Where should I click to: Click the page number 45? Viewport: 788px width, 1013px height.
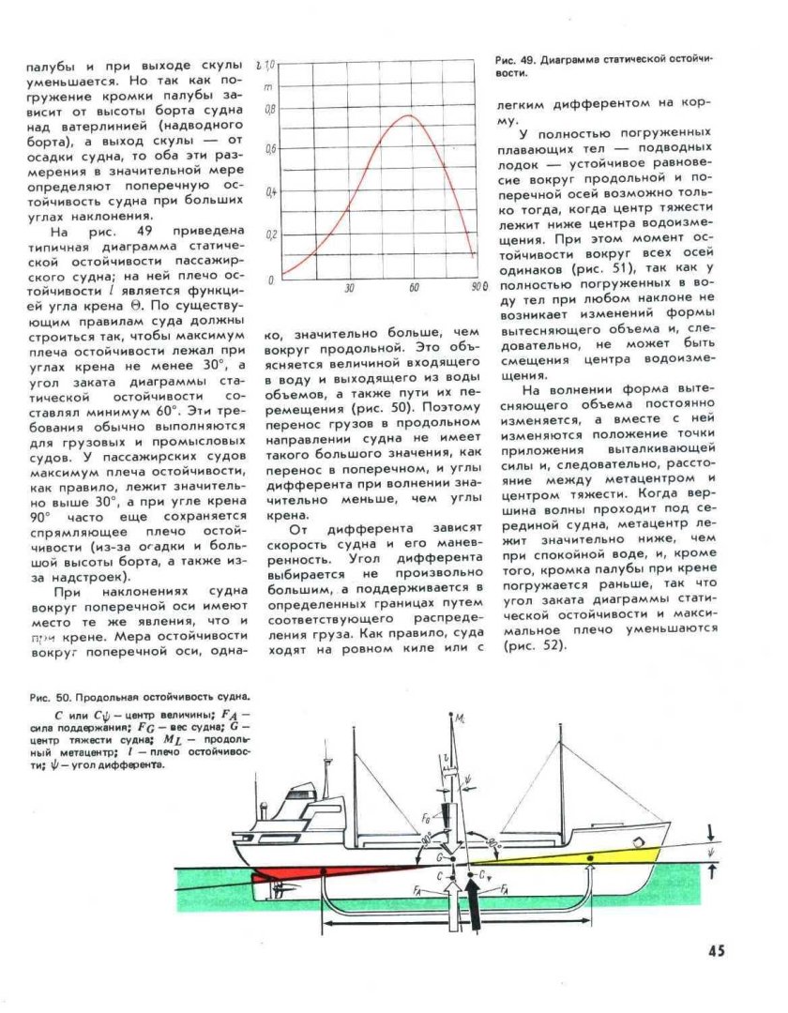716,951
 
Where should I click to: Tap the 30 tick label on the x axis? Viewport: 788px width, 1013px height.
348,288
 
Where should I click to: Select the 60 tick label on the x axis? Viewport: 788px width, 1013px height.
414,288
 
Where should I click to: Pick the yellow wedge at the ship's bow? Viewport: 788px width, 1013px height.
600,854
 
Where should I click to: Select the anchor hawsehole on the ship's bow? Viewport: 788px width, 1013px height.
638,841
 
